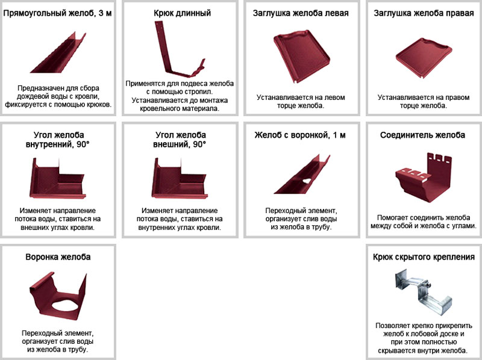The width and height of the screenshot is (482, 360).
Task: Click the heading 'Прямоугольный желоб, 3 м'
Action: (x=57, y=13)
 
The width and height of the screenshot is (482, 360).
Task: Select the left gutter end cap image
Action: (x=301, y=56)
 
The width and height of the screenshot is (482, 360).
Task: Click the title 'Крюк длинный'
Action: (x=183, y=13)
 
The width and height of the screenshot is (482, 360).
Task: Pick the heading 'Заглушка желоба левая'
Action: (x=301, y=13)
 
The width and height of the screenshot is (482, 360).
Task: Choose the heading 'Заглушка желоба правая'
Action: (x=424, y=13)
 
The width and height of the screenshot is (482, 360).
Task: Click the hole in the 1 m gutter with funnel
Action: (x=307, y=181)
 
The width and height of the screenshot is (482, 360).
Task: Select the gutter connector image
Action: (x=424, y=177)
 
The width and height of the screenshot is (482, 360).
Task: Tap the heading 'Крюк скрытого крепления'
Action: (x=424, y=257)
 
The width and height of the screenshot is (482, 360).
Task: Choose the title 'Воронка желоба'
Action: (x=58, y=257)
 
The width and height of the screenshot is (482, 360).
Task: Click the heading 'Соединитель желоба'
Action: (x=423, y=135)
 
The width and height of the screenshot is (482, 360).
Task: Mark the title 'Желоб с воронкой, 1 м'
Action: (x=300, y=135)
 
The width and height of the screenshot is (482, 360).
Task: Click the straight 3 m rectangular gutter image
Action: (x=58, y=52)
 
